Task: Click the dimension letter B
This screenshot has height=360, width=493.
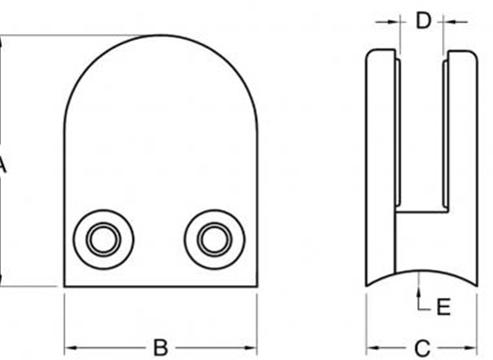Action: tap(161, 348)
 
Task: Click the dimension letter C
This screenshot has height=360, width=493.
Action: tap(422, 348)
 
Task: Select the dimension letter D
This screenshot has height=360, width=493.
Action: tap(423, 21)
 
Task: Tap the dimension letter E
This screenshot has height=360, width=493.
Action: tap(443, 306)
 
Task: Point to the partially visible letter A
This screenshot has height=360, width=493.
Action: tap(2, 165)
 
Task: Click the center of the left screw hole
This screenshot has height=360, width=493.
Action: tap(104, 239)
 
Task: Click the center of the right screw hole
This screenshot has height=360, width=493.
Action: tap(215, 239)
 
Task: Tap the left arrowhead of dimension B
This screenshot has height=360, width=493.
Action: tap(71, 348)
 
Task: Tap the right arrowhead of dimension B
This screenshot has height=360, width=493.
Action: tap(250, 348)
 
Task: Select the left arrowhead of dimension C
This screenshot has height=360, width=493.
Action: tap(372, 348)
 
